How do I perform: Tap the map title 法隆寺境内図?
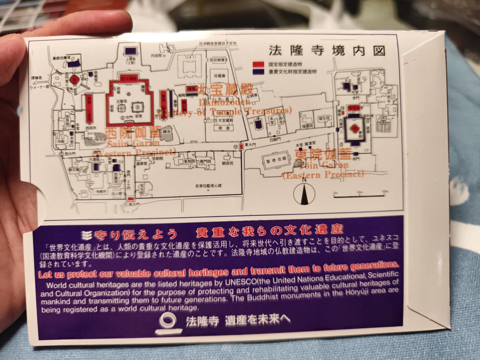[x=327, y=51]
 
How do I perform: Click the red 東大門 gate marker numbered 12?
[x=241, y=147]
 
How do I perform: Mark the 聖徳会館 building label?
[x=274, y=160]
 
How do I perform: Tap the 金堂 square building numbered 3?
[x=137, y=108]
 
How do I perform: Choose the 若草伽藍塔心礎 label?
[x=208, y=185]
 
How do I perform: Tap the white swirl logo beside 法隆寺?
[x=169, y=323]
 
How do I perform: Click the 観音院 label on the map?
[x=227, y=163]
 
